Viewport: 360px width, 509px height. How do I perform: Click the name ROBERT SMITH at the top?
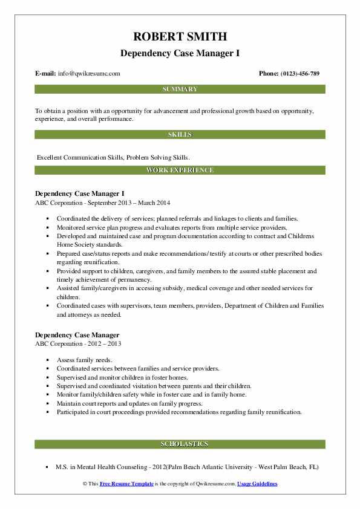[180, 36]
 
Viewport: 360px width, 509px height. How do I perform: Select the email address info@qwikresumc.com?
[89, 74]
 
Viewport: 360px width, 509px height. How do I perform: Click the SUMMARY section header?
[180, 89]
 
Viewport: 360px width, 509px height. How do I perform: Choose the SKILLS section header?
[180, 134]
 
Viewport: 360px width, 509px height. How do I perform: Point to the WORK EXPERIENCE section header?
[180, 170]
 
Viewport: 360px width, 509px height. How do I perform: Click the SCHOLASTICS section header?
[180, 444]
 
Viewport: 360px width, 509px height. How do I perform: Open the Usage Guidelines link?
[257, 484]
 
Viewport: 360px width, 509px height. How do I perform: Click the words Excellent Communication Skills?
[79, 157]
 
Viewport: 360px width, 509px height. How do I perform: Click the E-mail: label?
[46, 74]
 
